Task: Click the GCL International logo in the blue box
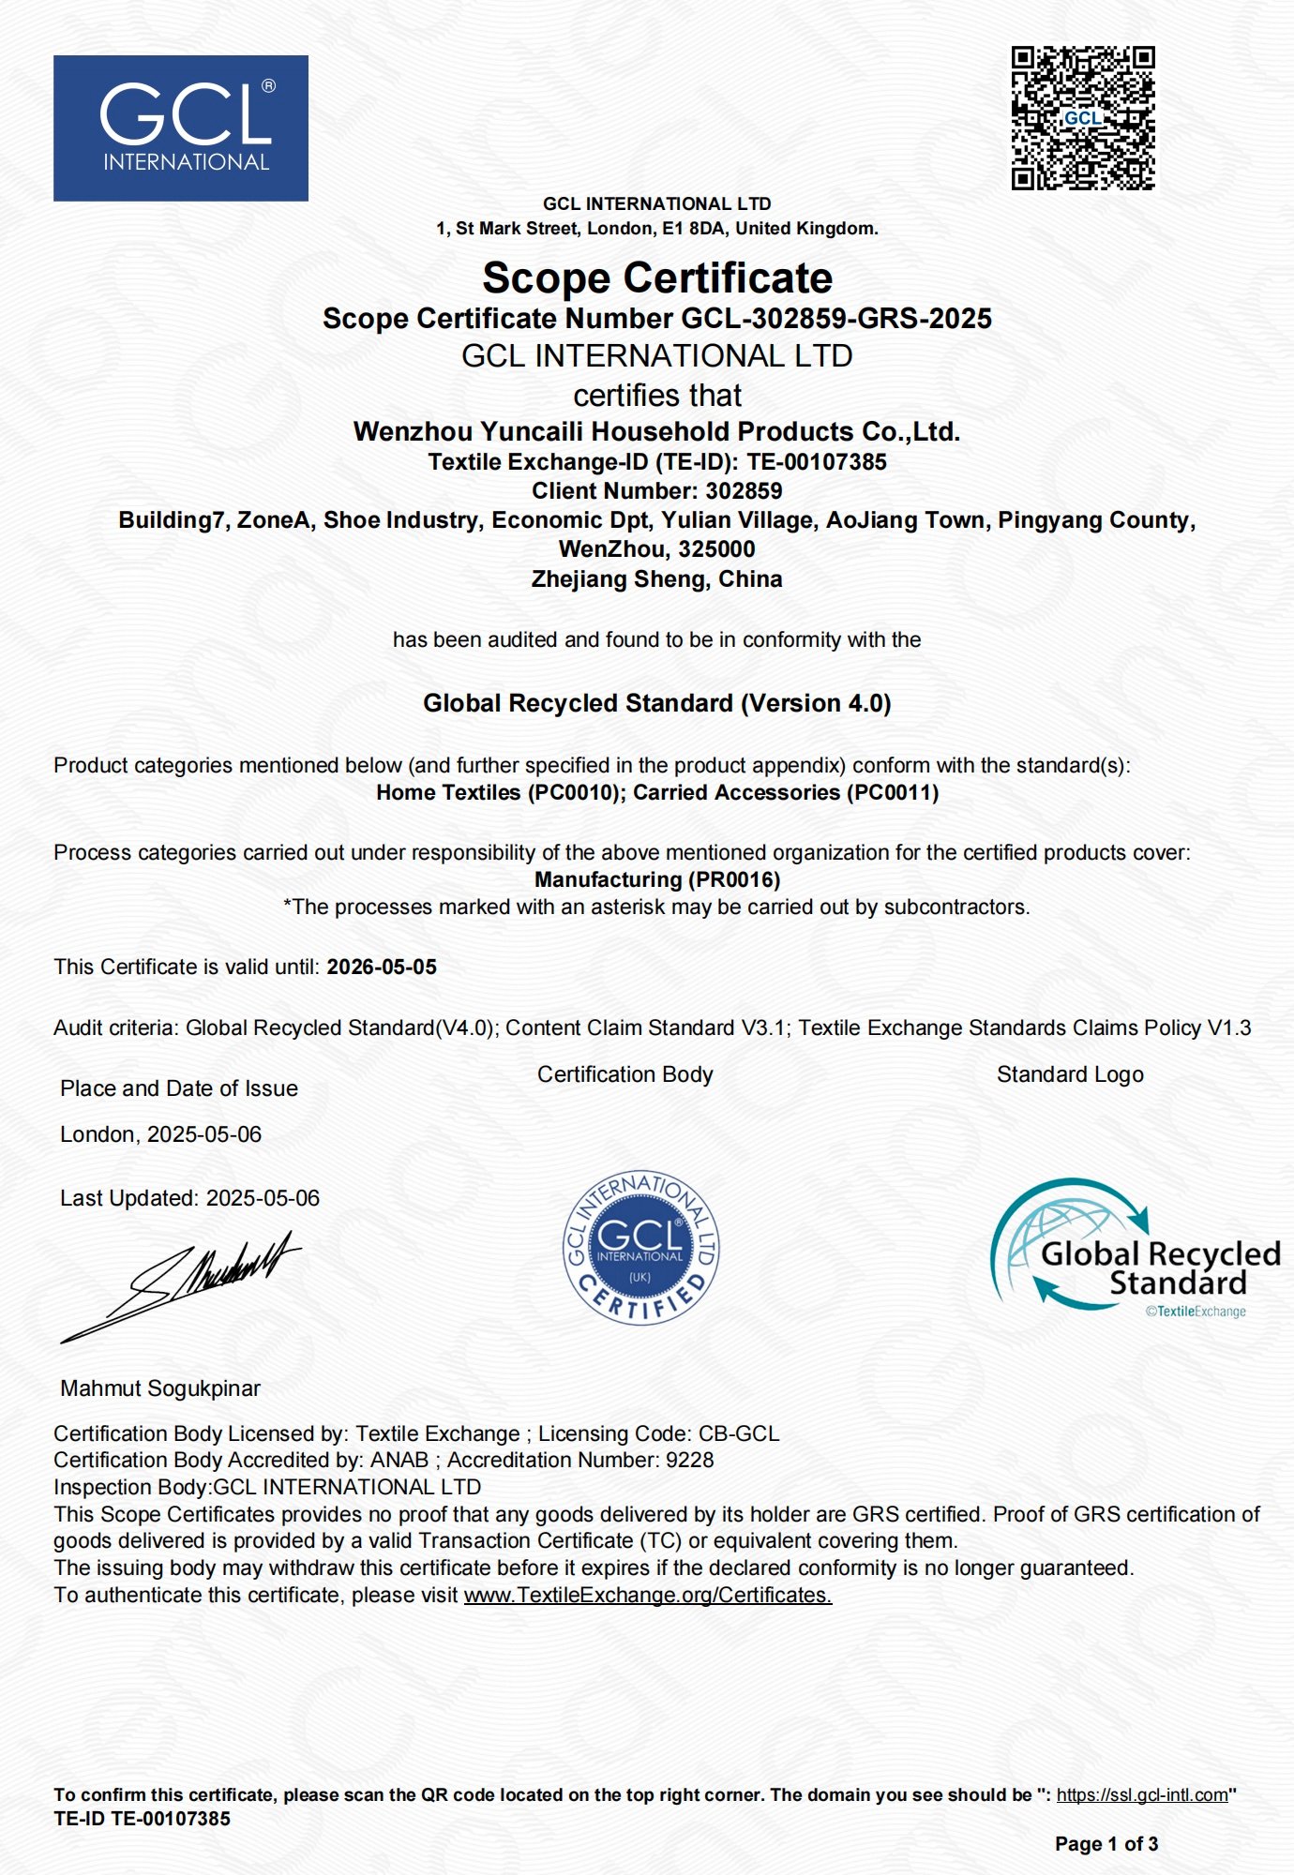[x=181, y=128]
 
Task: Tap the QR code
[x=1083, y=118]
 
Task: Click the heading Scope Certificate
[x=657, y=278]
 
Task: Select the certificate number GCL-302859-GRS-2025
[x=835, y=319]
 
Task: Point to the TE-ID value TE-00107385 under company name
[x=817, y=462]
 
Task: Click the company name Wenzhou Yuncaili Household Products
[x=656, y=432]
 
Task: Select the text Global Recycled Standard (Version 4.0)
[x=656, y=703]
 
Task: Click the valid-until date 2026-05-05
[x=382, y=967]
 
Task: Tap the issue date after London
[x=204, y=1135]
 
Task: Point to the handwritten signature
[x=183, y=1284]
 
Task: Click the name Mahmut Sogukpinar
[x=160, y=1388]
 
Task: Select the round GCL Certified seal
[x=640, y=1248]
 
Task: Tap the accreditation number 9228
[x=689, y=1461]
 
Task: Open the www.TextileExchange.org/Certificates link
[x=648, y=1596]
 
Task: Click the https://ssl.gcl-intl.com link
[x=1142, y=1795]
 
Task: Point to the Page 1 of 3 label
[x=1106, y=1844]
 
